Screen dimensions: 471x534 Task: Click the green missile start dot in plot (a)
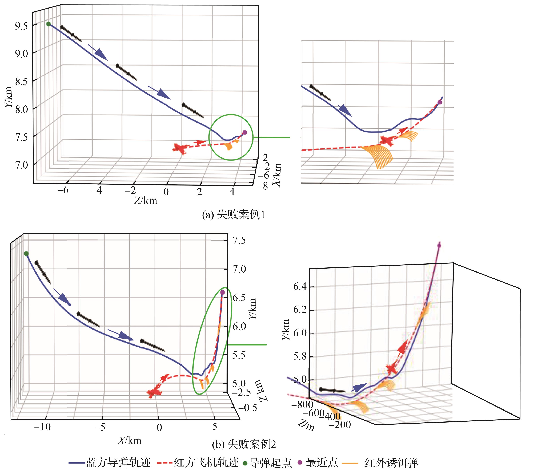coord(48,24)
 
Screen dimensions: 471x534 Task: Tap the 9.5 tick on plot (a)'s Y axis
coord(21,26)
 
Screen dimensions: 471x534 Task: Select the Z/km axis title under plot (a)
coord(146,200)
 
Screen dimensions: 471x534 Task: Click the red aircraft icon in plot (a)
coord(179,149)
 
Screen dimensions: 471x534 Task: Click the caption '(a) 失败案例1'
coord(233,215)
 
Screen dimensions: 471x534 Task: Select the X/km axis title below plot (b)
coord(130,440)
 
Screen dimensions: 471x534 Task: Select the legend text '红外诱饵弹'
coord(391,462)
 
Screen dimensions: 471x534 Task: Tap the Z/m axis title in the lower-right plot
coord(306,426)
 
